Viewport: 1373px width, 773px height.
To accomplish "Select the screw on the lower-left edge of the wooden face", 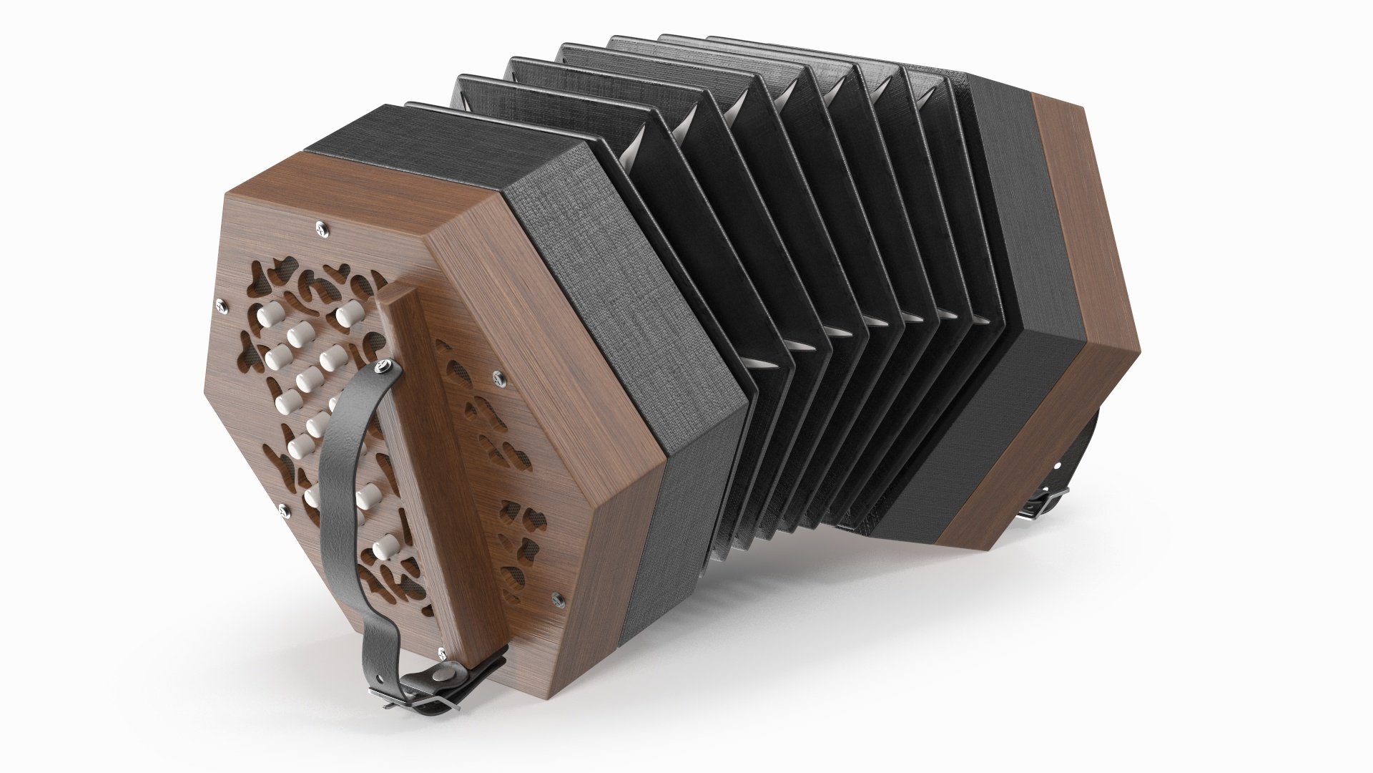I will (285, 509).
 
